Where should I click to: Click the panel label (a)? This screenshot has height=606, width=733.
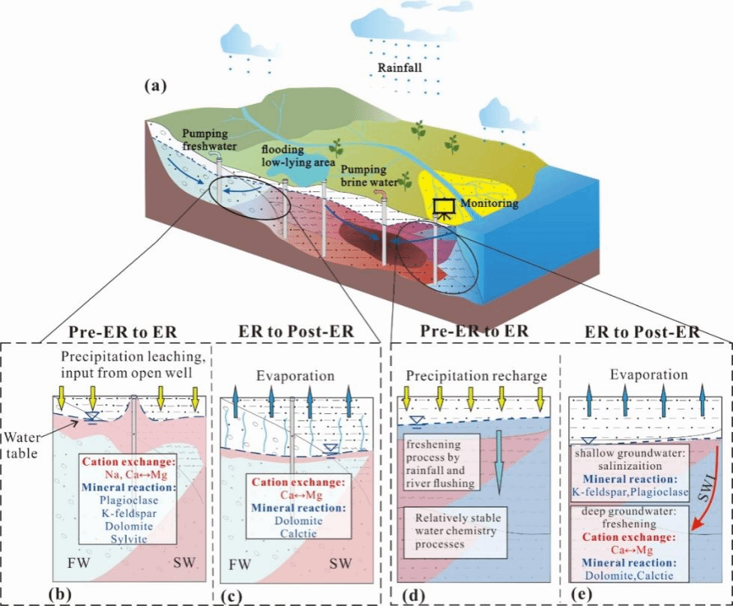[155, 86]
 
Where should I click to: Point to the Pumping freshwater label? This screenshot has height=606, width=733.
[208, 139]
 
